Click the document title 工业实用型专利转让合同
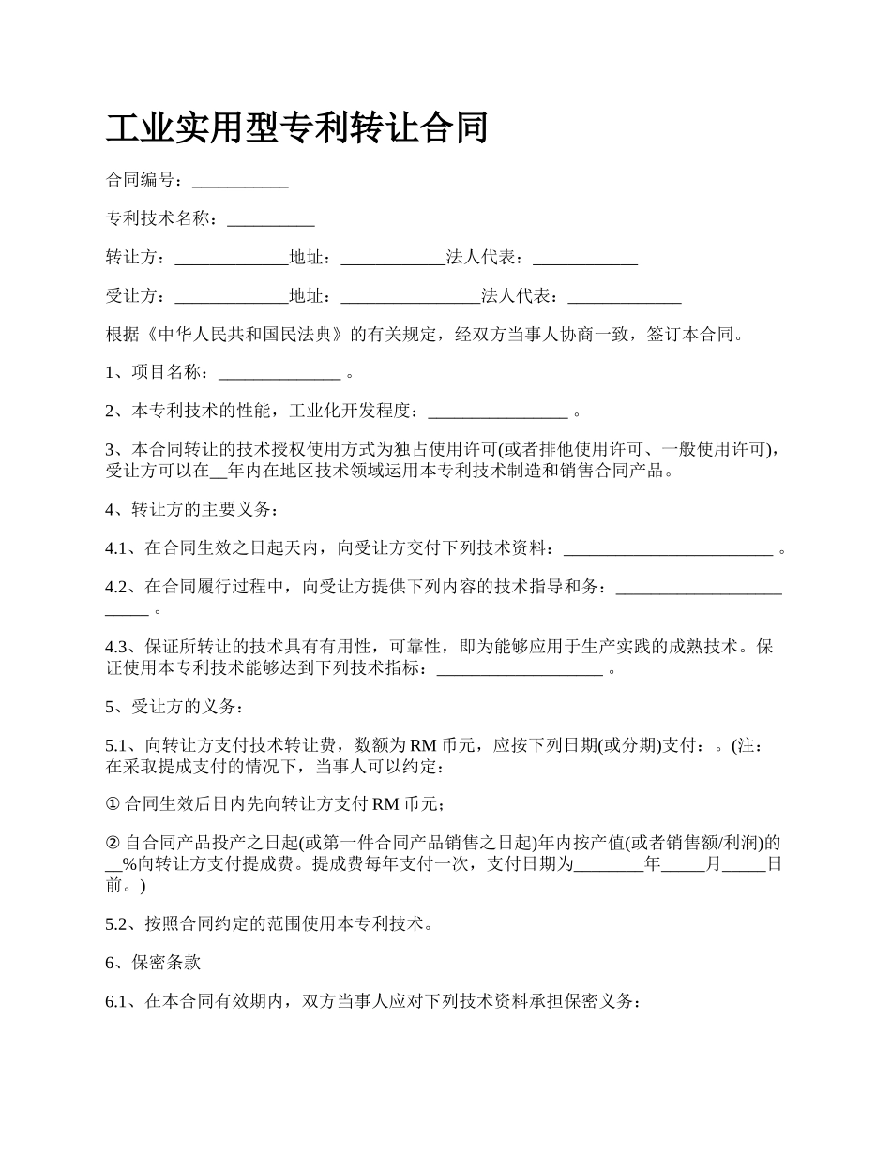point(296,127)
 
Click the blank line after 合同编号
point(240,180)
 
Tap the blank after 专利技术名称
point(271,219)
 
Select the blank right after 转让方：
point(232,258)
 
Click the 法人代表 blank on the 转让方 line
point(585,258)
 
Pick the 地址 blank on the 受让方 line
point(410,297)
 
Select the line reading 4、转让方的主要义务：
point(191,509)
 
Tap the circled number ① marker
point(113,803)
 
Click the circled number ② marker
point(113,842)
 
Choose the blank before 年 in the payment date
point(608,864)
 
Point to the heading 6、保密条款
point(153,963)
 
